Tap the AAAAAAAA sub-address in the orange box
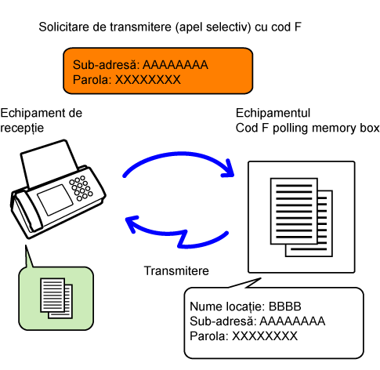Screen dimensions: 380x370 176,65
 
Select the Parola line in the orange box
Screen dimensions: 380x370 127,80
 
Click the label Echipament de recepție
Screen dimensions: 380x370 42,121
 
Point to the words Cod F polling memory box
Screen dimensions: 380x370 307,128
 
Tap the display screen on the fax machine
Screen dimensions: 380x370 55,199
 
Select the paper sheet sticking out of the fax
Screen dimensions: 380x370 49,162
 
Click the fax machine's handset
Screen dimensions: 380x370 26,212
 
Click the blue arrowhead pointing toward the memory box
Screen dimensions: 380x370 227,169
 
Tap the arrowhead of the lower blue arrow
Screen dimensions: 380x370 132,223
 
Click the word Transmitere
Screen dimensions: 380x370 176,270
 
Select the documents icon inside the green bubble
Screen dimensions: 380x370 56,298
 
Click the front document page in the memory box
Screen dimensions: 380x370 294,211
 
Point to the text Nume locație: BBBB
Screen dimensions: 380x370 245,307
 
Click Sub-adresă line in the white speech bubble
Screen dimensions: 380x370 258,321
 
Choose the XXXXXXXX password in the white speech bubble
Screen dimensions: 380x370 265,336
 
